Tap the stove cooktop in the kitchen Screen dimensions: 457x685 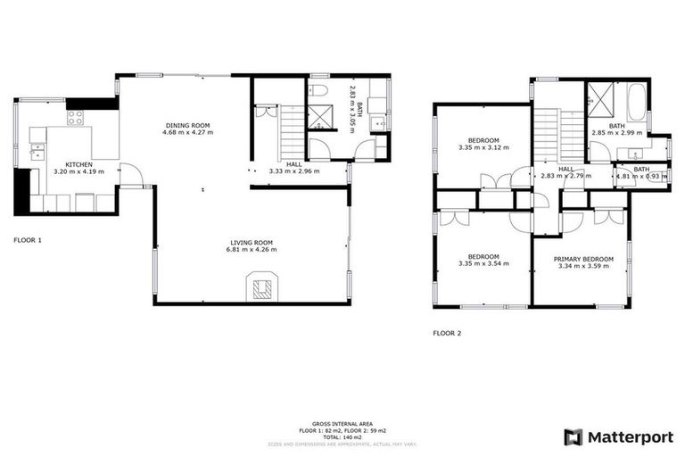pyautogui.click(x=76, y=117)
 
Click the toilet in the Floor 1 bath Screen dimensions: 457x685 pyautogui.click(x=318, y=92)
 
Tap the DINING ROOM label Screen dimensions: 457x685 pyautogui.click(x=187, y=125)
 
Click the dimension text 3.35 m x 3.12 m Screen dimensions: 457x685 pyautogui.click(x=483, y=148)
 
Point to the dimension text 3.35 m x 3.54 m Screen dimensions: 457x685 pyautogui.click(x=483, y=264)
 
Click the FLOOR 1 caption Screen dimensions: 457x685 pyautogui.click(x=28, y=240)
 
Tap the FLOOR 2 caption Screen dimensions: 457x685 pyautogui.click(x=447, y=333)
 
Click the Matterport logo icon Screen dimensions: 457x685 pyautogui.click(x=574, y=436)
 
